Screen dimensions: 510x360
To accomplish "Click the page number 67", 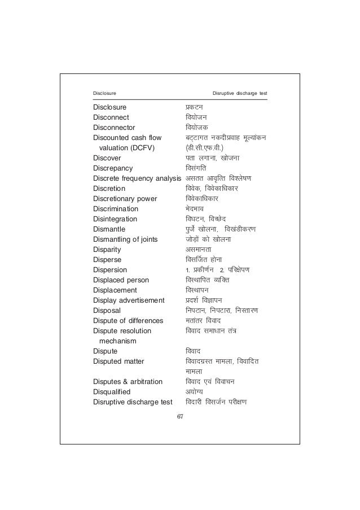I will click(180, 417).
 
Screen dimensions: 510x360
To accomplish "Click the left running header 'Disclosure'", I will click(104, 93).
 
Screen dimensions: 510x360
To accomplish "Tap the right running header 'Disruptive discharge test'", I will click(239, 93).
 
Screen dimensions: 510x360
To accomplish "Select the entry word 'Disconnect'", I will click(111, 117).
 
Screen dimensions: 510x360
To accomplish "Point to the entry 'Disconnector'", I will click(114, 128).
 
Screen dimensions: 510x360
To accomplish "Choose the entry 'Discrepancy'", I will click(113, 168).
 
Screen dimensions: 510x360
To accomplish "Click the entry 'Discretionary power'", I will click(125, 199).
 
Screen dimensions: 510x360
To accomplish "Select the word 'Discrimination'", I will click(116, 209).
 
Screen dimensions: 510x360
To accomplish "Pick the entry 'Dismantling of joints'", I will click(125, 239).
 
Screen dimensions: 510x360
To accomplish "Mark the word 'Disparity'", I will click(107, 250).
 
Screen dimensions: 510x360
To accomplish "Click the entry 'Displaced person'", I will click(121, 280).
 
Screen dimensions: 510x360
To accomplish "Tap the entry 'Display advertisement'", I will click(129, 300).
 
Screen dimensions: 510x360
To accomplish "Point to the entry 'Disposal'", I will click(107, 311).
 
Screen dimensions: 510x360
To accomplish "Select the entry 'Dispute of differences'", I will click(128, 321).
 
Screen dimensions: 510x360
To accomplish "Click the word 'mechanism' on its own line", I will click(117, 341).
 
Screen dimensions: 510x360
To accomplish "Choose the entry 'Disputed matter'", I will click(118, 361).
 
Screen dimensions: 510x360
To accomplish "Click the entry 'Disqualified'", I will click(112, 392).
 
